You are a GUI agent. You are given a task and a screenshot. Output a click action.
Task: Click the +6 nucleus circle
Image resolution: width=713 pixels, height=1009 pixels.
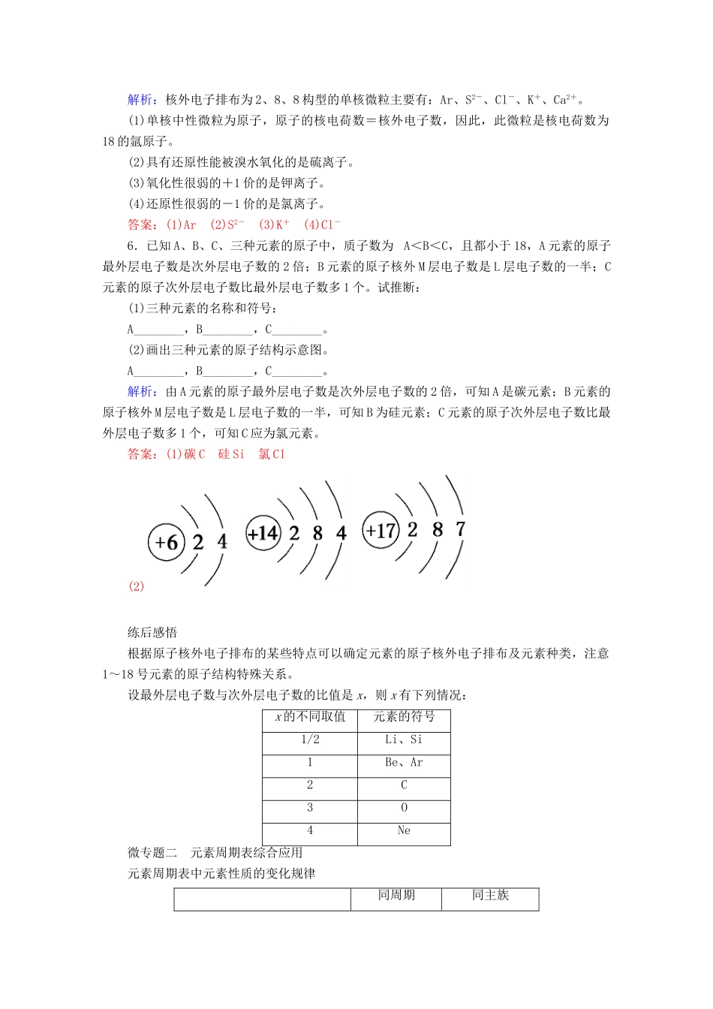tap(166, 541)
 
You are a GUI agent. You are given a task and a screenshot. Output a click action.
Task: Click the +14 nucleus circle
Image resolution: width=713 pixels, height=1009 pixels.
tap(263, 534)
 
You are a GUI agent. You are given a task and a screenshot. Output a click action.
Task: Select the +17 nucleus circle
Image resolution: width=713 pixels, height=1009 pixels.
tap(380, 531)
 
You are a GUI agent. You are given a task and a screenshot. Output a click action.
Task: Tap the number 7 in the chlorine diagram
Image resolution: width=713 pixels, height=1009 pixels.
tap(460, 529)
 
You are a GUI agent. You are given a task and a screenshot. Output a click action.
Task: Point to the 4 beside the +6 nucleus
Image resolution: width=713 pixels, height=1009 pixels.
tap(222, 541)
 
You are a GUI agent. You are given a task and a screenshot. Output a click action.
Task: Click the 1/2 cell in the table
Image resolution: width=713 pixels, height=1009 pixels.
tap(310, 740)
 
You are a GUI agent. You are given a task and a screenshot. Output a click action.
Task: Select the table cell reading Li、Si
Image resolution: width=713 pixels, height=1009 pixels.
tap(404, 740)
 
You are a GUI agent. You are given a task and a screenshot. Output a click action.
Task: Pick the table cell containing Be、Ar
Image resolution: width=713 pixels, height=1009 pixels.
tap(404, 763)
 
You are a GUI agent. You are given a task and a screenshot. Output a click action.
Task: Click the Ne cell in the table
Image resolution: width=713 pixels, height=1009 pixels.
tap(404, 830)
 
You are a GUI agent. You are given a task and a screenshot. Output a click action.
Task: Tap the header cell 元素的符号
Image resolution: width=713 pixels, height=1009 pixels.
tap(404, 717)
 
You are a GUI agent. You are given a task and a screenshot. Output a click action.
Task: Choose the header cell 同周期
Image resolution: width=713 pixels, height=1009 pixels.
tap(396, 895)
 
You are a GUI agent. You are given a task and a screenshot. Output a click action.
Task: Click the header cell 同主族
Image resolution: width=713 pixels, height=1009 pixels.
tap(490, 895)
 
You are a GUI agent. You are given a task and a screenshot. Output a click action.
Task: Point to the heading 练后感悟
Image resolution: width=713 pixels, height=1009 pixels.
tap(152, 632)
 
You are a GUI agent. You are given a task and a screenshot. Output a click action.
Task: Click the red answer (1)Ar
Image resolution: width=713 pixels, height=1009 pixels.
tap(181, 224)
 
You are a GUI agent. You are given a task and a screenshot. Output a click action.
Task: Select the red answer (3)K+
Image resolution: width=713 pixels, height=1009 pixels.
tap(274, 224)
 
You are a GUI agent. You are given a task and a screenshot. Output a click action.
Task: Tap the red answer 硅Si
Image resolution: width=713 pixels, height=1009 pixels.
tap(231, 454)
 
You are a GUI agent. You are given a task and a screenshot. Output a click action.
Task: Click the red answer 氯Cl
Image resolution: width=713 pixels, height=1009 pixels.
tap(272, 454)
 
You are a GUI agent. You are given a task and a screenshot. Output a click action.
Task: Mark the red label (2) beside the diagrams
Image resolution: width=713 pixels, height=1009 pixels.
tap(136, 586)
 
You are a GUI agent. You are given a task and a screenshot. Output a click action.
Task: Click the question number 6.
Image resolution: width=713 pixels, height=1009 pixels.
tap(131, 245)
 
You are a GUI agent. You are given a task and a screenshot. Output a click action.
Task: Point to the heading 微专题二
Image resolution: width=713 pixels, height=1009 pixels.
tap(152, 852)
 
